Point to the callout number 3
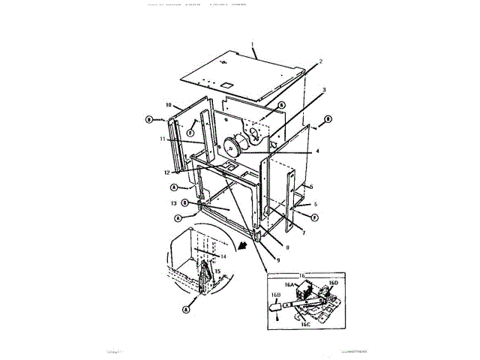pos(324,88)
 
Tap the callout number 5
pos(311,187)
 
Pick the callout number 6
pos(316,203)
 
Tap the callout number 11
pos(162,139)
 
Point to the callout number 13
pos(173,202)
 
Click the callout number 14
pos(223,256)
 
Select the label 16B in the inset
pos(275,296)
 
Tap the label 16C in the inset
pos(305,325)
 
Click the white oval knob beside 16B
pos(276,304)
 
